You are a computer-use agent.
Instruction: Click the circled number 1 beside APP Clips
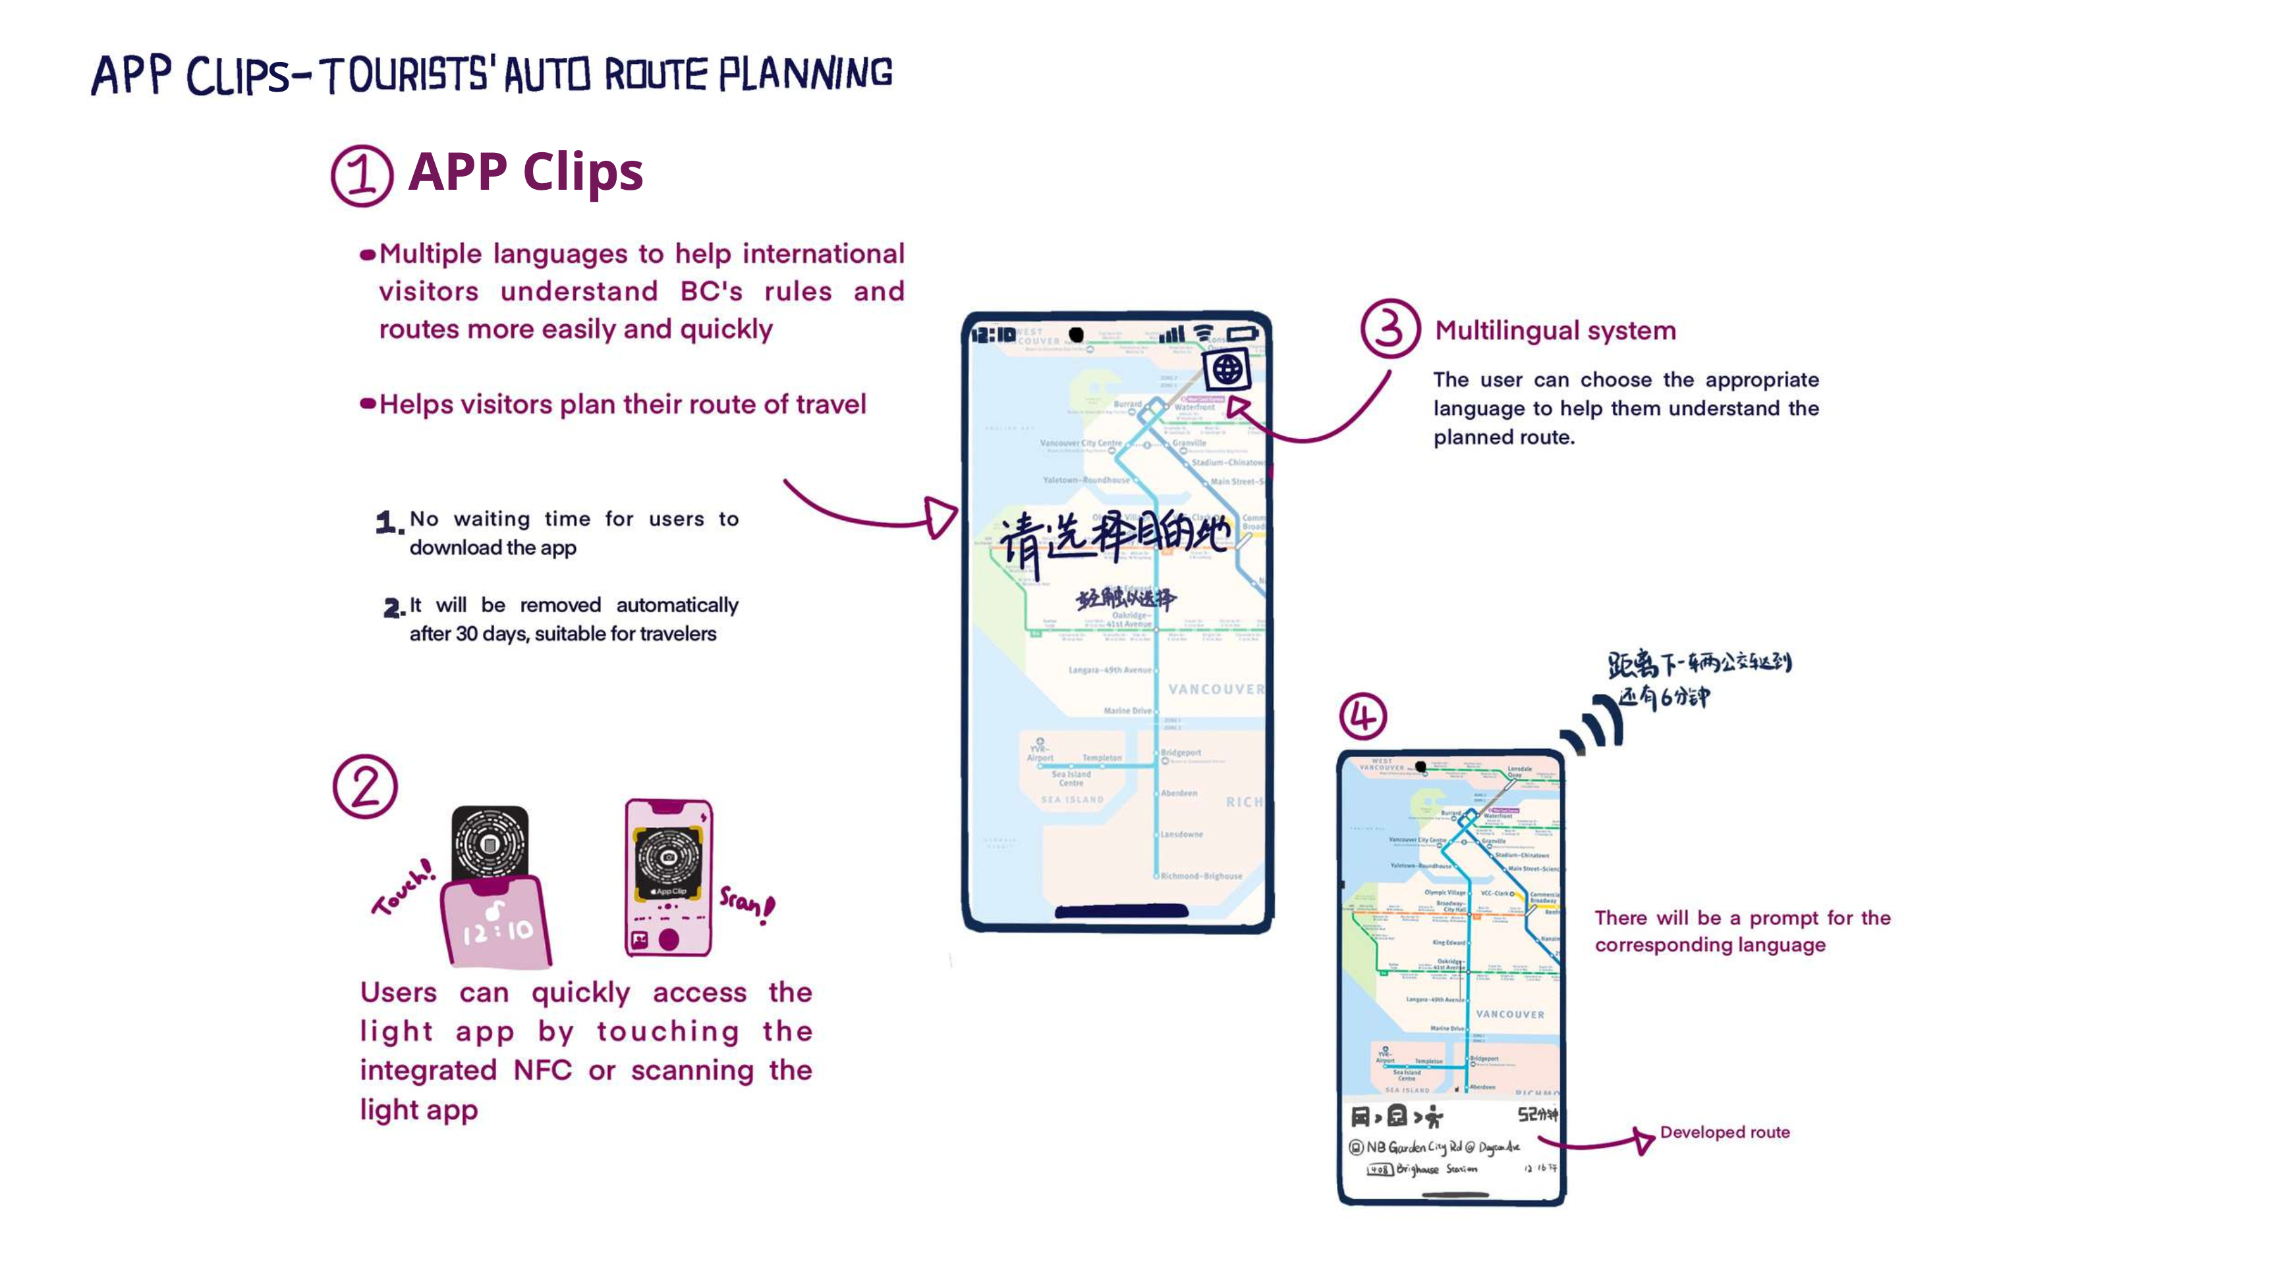click(362, 175)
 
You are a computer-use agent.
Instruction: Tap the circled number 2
click(365, 786)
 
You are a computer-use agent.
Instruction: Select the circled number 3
click(1390, 328)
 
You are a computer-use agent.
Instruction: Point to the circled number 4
click(1362, 716)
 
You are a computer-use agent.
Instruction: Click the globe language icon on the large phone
click(1227, 370)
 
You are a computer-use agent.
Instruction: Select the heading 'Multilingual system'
click(1555, 331)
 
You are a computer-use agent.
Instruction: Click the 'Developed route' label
click(1724, 1133)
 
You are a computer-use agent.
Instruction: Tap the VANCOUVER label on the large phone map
click(1216, 689)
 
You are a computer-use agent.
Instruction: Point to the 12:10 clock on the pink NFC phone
click(497, 930)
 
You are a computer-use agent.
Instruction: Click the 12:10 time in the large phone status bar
click(993, 335)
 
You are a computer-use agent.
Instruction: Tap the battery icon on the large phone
click(1242, 334)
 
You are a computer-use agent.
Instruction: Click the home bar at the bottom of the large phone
click(1121, 911)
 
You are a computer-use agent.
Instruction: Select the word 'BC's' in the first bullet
click(711, 292)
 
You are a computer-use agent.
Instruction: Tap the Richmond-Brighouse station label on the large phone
click(1200, 876)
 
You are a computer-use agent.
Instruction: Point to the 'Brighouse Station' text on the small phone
click(1436, 1169)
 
